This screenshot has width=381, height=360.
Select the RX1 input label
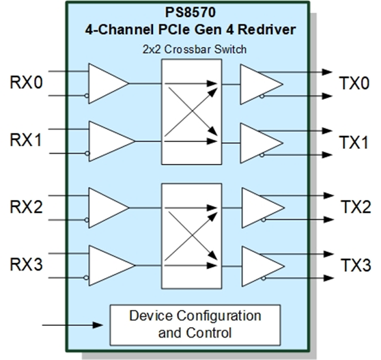[x=26, y=141]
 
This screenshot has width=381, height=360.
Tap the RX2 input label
[x=26, y=206]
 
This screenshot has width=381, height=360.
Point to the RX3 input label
[x=26, y=264]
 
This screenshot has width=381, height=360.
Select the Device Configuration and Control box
[x=195, y=324]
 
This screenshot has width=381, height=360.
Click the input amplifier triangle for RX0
[x=106, y=83]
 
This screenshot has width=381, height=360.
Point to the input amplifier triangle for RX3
[x=108, y=264]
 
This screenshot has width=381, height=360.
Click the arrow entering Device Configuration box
[x=75, y=325]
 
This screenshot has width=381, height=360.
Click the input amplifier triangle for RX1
[x=108, y=141]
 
